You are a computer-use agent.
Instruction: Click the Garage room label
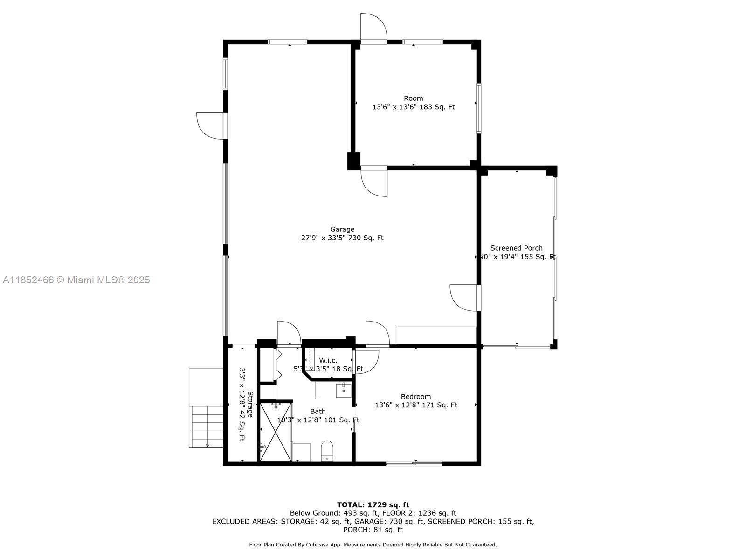click(342, 229)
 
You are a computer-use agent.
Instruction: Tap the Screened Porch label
click(516, 248)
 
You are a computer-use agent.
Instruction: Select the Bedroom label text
click(416, 397)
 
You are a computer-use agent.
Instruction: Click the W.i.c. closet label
click(328, 360)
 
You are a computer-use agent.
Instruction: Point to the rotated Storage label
click(250, 404)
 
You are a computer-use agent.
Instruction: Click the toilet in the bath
click(327, 450)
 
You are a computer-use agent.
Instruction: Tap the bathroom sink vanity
click(343, 390)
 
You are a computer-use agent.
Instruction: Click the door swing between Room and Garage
click(374, 181)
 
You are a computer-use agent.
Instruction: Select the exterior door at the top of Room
click(373, 28)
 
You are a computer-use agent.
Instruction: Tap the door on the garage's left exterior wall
click(211, 126)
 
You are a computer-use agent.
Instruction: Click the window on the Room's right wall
click(478, 108)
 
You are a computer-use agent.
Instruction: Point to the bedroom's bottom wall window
click(414, 463)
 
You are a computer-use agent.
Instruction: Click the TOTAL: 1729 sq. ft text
click(373, 504)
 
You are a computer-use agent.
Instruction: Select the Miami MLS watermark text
click(76, 280)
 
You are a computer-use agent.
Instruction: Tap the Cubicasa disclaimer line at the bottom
click(373, 545)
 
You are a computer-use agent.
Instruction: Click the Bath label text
click(318, 411)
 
